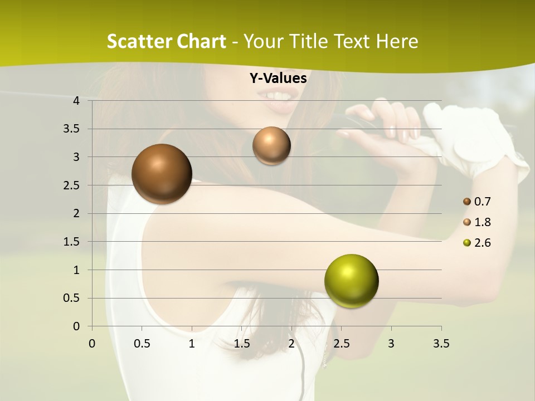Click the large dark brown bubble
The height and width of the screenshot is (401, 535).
[x=162, y=173]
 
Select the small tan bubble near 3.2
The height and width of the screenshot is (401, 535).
[x=271, y=145]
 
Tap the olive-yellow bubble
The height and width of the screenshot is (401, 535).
[x=351, y=281]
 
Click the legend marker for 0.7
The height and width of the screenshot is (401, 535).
[x=467, y=202]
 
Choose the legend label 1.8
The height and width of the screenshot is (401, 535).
[x=483, y=222]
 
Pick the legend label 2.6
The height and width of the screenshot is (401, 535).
[x=483, y=243]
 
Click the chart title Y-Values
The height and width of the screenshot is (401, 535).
[x=278, y=79]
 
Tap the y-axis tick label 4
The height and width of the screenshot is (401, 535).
[x=76, y=101]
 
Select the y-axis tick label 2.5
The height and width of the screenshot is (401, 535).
[x=71, y=185]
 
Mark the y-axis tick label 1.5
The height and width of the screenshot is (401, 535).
[x=71, y=242]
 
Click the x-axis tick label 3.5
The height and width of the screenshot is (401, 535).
[x=441, y=344]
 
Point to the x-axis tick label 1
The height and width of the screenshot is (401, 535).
[x=192, y=344]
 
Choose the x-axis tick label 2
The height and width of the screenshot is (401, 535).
[x=291, y=344]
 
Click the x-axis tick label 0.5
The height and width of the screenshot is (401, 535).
[x=142, y=344]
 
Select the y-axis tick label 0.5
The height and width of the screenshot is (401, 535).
[x=71, y=298]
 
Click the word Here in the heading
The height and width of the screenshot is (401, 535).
[x=397, y=41]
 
